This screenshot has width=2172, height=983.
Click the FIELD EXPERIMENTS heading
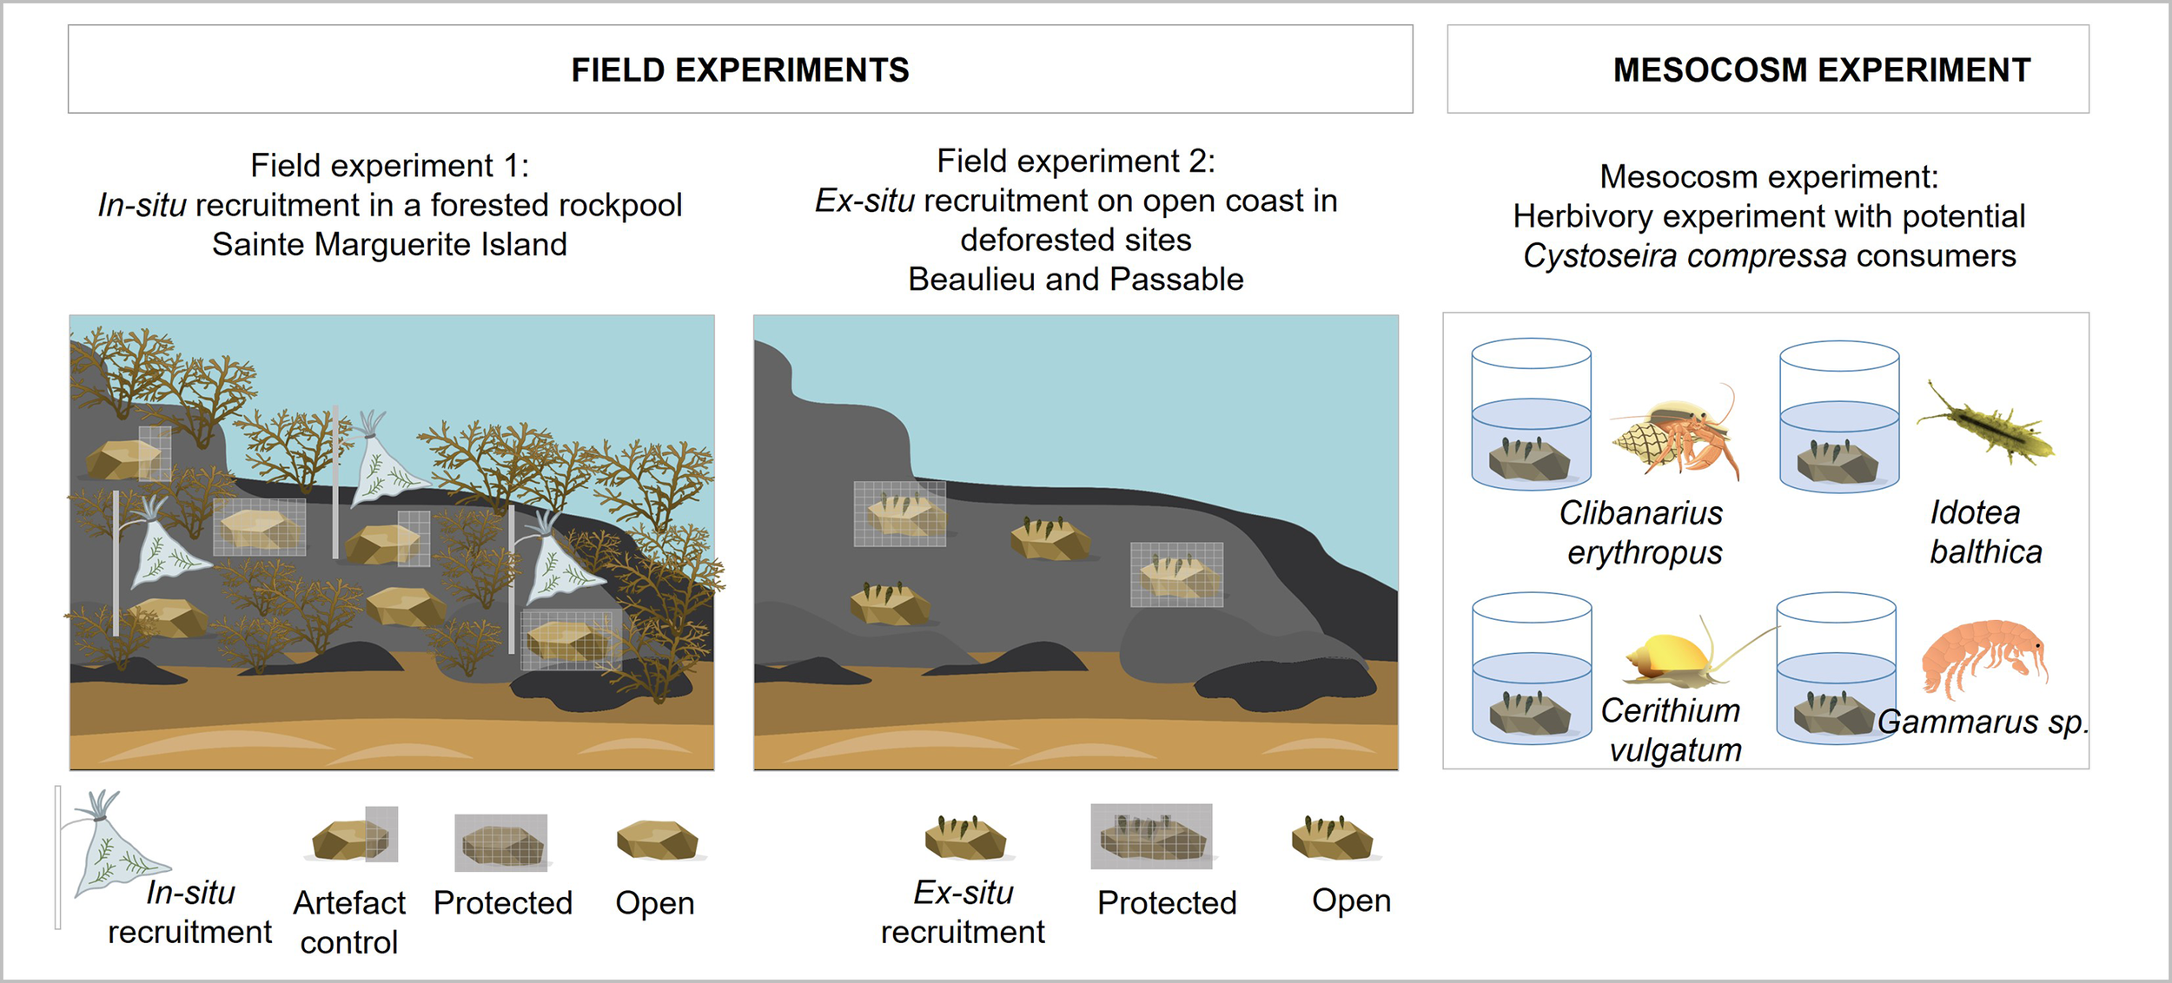[740, 69]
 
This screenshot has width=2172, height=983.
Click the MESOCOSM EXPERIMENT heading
[1822, 69]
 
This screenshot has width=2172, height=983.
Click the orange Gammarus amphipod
[1984, 657]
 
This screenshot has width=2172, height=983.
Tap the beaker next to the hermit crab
[1532, 414]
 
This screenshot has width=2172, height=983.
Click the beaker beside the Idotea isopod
[1839, 416]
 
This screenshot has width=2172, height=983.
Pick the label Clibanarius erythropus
[1642, 532]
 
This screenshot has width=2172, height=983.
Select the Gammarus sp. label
[1983, 722]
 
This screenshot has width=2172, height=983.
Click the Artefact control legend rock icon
[354, 835]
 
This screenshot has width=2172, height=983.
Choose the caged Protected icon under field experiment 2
[1151, 836]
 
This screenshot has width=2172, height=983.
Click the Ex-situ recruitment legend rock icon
[965, 837]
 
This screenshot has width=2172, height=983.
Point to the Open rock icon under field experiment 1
[658, 840]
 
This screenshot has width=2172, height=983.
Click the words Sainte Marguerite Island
[389, 244]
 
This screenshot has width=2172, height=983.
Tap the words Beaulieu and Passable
[1076, 279]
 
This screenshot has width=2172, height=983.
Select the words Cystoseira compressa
[1685, 256]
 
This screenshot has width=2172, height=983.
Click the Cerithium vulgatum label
[1672, 730]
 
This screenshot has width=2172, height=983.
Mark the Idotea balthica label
[1985, 532]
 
